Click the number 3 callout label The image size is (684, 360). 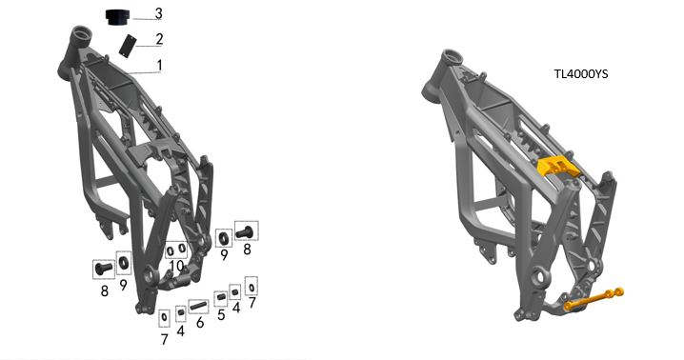coord(159,13)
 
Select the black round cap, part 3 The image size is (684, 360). coord(118,17)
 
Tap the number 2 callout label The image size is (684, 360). coord(159,39)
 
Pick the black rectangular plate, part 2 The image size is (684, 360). coord(128,46)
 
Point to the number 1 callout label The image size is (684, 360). coord(160,66)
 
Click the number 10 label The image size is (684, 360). coord(176,266)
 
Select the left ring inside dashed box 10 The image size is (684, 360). coord(171,250)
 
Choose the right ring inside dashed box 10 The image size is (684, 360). coord(182,250)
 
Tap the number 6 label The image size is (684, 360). coord(200,323)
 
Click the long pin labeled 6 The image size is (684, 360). coord(198,306)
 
